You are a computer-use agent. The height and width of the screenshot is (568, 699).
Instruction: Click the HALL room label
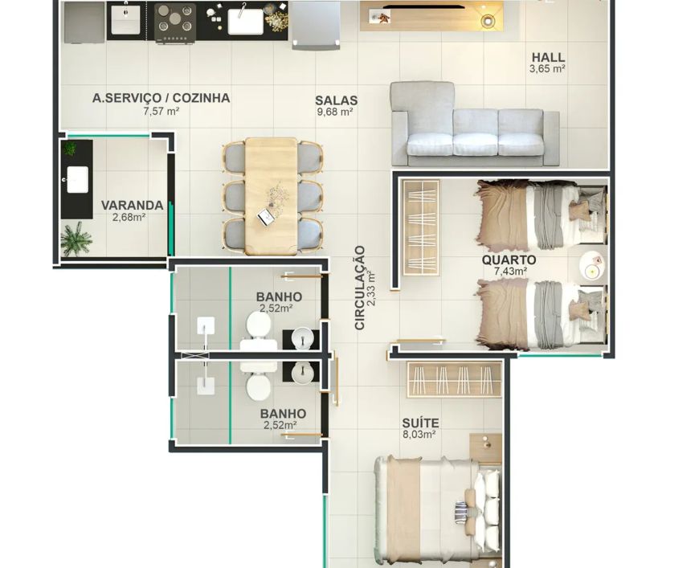click(x=548, y=57)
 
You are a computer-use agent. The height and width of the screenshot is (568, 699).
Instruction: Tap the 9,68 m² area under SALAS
click(x=335, y=112)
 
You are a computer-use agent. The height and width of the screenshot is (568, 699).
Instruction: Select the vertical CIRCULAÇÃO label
click(x=360, y=288)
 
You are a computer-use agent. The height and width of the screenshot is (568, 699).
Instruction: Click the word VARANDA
click(x=132, y=206)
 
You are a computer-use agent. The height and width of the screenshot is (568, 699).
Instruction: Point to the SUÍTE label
click(x=420, y=423)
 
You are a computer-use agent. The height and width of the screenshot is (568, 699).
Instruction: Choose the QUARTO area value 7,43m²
click(x=510, y=271)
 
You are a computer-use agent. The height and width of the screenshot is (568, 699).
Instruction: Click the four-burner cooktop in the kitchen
click(x=175, y=23)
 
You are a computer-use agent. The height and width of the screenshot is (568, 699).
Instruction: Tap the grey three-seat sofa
click(x=474, y=124)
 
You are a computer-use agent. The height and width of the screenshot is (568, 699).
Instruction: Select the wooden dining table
click(x=271, y=196)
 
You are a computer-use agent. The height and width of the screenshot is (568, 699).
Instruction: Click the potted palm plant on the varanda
click(x=76, y=239)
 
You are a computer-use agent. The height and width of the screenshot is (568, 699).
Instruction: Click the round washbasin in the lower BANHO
click(x=303, y=372)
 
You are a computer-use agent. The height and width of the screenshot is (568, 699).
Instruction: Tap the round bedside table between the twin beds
click(x=593, y=266)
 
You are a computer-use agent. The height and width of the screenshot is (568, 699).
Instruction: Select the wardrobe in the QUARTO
click(x=421, y=227)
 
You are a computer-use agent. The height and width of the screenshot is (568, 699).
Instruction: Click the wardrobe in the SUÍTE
click(x=454, y=379)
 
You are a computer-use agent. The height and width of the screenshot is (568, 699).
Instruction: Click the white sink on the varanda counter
click(x=78, y=179)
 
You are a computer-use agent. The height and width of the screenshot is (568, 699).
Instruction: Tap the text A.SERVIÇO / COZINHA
click(x=161, y=98)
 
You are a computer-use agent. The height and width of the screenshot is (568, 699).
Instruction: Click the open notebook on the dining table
click(x=267, y=217)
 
